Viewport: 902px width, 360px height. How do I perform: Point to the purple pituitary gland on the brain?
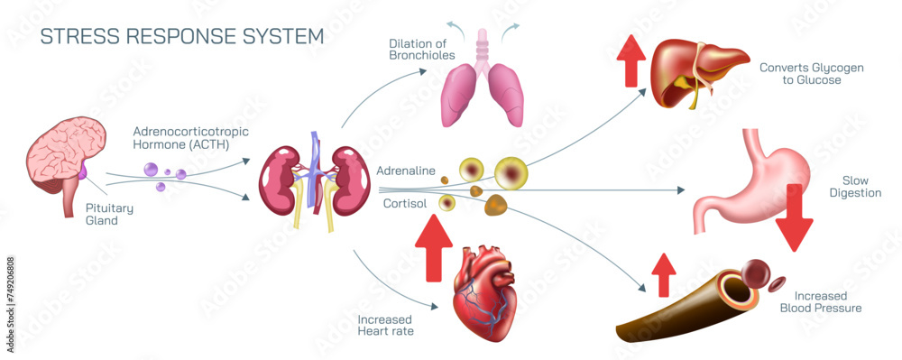[x=84, y=171]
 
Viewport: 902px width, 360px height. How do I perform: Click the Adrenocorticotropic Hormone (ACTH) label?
[x=190, y=137]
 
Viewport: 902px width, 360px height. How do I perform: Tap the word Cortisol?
[x=404, y=204]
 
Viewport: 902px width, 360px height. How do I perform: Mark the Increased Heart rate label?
[x=385, y=325]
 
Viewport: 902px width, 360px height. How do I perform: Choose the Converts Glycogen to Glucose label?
[x=800, y=73]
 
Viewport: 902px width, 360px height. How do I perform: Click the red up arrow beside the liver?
[x=630, y=61]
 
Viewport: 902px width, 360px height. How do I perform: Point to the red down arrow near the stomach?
[x=794, y=217]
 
